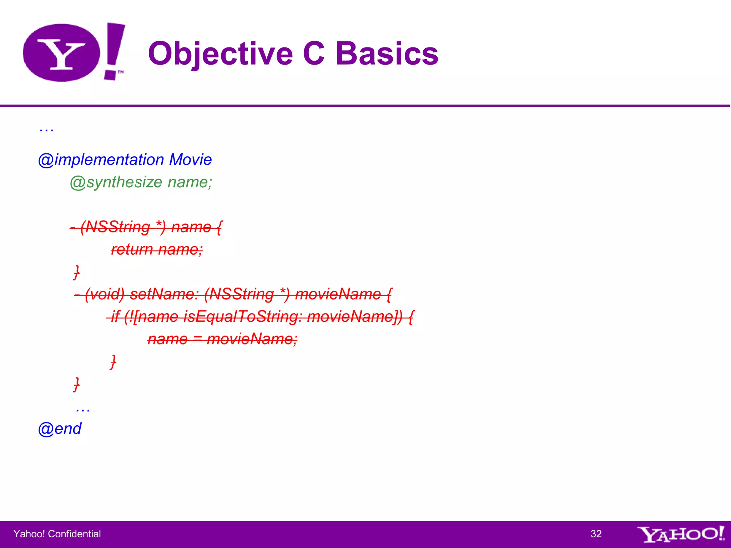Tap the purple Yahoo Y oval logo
(x=61, y=53)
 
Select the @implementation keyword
(x=101, y=159)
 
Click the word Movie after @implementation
(x=191, y=159)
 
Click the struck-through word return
(x=132, y=249)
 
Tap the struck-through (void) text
(x=105, y=294)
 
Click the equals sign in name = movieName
(x=197, y=339)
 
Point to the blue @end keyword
(x=60, y=428)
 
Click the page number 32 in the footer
(x=596, y=534)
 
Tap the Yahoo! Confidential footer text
(x=57, y=534)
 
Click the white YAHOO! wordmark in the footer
(x=680, y=534)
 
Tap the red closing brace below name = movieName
(x=113, y=361)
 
